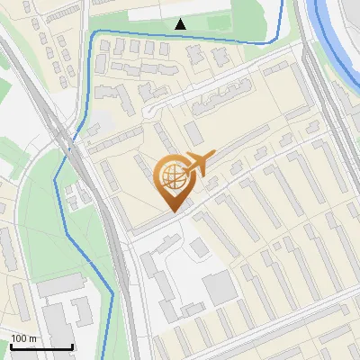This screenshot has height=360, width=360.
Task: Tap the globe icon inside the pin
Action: [x=173, y=175]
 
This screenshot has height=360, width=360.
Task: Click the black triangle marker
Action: [x=181, y=24]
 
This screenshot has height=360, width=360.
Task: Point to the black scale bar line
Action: [x=41, y=347]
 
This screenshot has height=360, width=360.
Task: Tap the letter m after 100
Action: [x=31, y=338]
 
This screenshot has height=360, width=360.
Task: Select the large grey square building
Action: [x=220, y=288]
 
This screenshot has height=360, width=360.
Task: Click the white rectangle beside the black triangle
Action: [x=153, y=14]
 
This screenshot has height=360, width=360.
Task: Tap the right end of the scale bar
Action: [x=73, y=347]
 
